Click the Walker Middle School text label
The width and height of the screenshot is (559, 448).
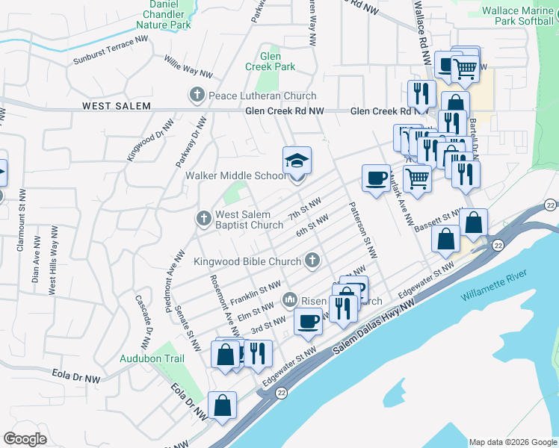[x=235, y=176]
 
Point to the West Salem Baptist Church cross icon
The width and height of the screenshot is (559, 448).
[x=203, y=220]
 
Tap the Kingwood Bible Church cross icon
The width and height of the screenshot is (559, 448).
[x=312, y=261]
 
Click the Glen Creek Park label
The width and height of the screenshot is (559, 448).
[x=271, y=61]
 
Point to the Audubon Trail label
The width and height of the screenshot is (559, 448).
[x=152, y=358]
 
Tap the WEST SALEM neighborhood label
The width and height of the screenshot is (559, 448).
[x=116, y=107]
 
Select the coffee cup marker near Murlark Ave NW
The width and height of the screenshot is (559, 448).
[x=377, y=178]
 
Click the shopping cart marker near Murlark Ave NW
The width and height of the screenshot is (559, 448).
[x=417, y=178]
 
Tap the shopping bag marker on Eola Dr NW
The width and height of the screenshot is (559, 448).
[x=223, y=406]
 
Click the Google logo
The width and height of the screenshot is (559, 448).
[x=25, y=439]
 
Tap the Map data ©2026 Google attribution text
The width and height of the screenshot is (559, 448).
[x=513, y=442]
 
